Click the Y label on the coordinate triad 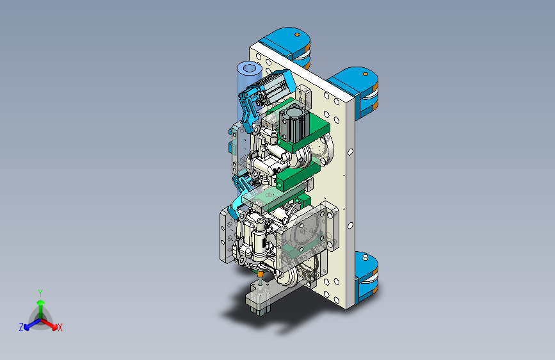coord(40,293)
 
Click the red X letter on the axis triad coord(60,328)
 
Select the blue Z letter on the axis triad coord(21,327)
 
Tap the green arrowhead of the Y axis coord(41,302)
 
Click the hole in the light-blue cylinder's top coord(250,68)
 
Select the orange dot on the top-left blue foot coord(297,35)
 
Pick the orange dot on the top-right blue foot coord(366,74)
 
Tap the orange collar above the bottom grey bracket coord(260,274)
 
